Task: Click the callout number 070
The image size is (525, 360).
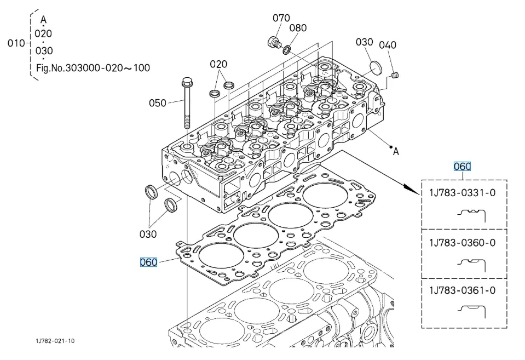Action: point(281,18)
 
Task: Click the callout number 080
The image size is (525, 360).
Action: point(298,28)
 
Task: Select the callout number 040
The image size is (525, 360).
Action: point(388,45)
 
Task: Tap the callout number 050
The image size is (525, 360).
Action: point(158,103)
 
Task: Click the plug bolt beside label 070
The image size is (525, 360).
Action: point(272,42)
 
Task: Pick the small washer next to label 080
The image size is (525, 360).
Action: point(286,51)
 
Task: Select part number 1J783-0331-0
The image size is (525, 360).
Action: point(463,192)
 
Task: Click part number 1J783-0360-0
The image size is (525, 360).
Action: point(463,243)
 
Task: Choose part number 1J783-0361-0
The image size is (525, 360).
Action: point(463,290)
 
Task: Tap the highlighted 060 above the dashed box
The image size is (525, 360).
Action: point(462,167)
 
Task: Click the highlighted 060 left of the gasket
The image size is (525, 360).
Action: point(148,262)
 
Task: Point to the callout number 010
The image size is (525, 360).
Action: point(15,43)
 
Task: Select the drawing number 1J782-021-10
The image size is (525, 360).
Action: point(55,341)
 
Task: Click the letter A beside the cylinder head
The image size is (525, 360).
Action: point(396,152)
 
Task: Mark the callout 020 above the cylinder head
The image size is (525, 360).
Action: point(218,64)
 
